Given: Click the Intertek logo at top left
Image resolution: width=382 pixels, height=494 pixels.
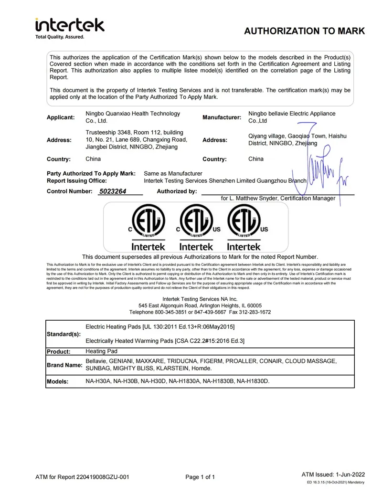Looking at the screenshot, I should coord(69,27).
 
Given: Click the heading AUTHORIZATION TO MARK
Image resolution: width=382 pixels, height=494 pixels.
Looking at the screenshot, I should coord(304,32).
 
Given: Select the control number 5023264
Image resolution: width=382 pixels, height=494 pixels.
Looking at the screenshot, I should coord(113,191).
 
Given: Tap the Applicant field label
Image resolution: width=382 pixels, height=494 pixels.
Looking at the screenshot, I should coord(61,117).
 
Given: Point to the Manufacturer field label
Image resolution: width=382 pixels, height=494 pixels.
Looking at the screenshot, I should coord(222,117).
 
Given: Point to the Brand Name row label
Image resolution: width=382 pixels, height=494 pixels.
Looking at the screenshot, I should coord(64,365).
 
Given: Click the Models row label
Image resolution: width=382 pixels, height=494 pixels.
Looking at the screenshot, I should coord(58,381).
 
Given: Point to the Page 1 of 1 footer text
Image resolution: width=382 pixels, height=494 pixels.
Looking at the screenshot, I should coord(200,477).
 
